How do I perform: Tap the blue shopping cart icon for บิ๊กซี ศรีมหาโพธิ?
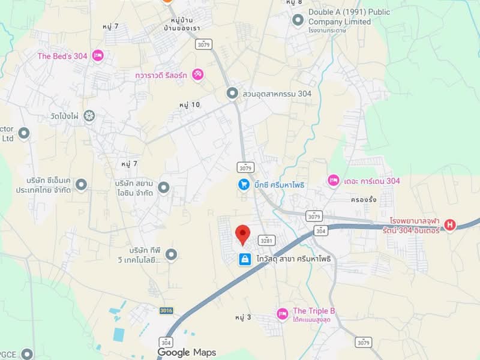244,185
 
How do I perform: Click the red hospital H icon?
449,225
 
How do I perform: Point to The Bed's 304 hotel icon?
98,56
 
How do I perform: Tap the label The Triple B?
313,311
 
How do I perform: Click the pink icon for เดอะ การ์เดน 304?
333,181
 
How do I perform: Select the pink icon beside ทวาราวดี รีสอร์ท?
197,74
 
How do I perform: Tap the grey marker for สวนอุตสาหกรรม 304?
232,94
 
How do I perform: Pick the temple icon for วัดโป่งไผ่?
89,116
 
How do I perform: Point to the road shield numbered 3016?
166,310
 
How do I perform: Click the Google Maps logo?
186,352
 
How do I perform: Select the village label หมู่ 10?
189,104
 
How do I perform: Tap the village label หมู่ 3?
243,317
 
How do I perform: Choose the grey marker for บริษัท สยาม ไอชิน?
164,188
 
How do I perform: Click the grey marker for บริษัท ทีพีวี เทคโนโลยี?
172,255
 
